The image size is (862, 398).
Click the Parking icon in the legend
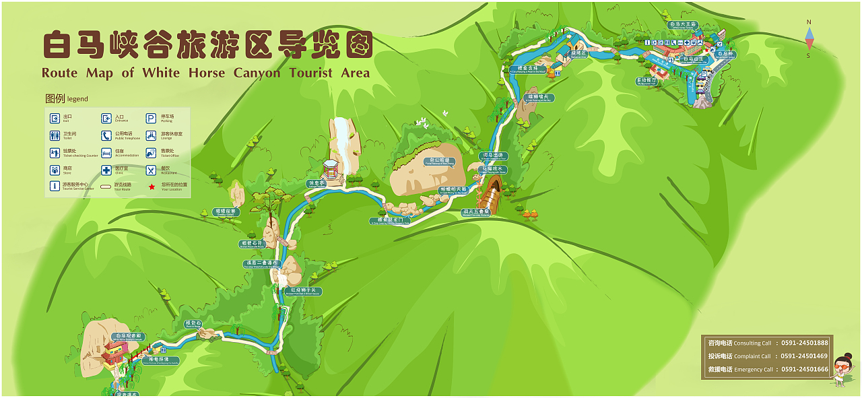(152, 118)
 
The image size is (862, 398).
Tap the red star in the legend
(152, 185)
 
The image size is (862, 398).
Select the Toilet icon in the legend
(55, 135)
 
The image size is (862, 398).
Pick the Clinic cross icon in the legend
(106, 170)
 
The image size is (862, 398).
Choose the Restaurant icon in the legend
(152, 170)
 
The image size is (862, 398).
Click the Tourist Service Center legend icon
(55, 186)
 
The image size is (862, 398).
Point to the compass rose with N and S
(809, 39)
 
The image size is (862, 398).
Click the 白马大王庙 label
(683, 25)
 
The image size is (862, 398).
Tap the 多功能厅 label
(646, 80)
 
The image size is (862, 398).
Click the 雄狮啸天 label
(539, 98)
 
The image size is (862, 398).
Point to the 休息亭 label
(317, 183)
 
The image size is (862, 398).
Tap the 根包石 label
(193, 324)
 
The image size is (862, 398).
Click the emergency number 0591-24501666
(804, 369)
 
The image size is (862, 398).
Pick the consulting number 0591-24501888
(804, 343)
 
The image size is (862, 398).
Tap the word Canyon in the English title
(257, 73)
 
